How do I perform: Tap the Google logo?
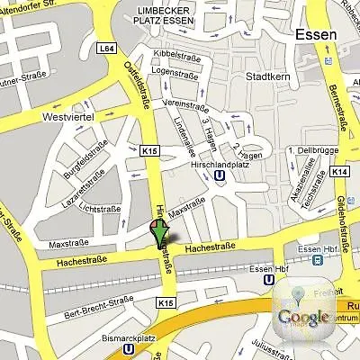point(302,316)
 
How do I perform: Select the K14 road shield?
point(339,170)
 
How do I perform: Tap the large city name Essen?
point(315,35)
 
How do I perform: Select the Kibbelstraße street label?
point(175,55)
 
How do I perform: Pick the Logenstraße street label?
point(175,69)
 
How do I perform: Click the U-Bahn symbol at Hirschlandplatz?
point(219,177)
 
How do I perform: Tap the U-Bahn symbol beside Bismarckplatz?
point(130,345)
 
